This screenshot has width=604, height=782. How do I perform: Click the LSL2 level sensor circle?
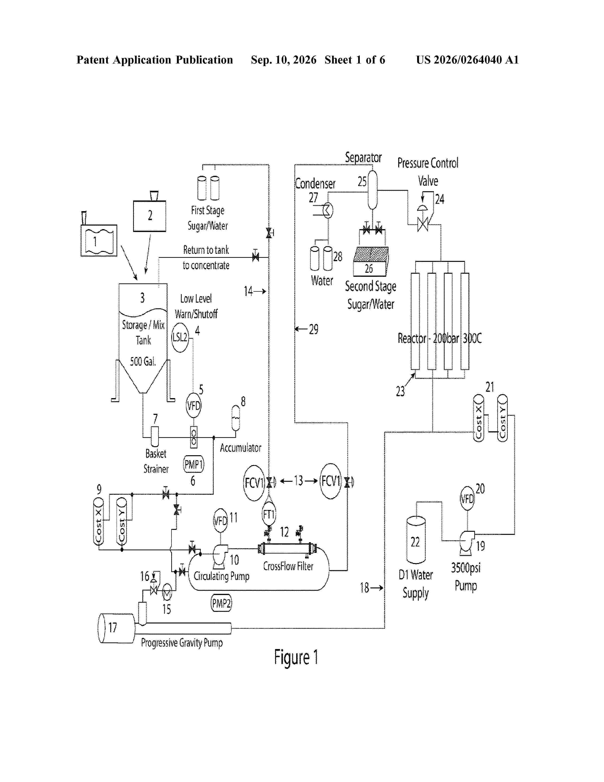click(x=180, y=337)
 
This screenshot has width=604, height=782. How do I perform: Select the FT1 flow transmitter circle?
click(x=269, y=514)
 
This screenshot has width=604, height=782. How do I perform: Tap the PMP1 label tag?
click(x=194, y=464)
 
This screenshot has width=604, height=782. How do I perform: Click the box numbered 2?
click(x=149, y=216)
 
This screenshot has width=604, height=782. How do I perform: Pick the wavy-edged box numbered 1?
click(x=99, y=241)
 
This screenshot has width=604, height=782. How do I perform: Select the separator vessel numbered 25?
click(x=373, y=190)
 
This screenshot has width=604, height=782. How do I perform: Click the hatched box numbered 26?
click(x=370, y=262)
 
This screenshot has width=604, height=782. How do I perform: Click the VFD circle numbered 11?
click(x=221, y=521)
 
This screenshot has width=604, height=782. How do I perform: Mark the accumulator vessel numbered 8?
click(x=235, y=418)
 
